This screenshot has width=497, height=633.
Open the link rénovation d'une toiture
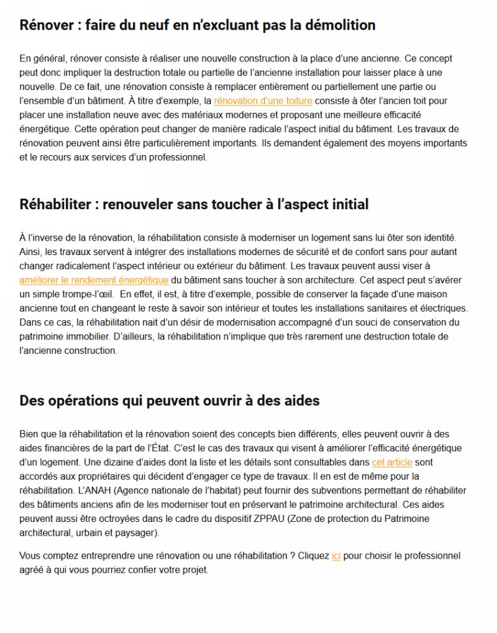(x=263, y=101)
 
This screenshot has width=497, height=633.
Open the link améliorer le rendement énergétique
(x=94, y=280)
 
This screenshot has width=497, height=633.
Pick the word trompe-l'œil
(x=84, y=294)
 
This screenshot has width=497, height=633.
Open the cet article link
(x=391, y=462)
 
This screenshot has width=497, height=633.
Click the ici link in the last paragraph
(x=336, y=556)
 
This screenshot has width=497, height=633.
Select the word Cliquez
(x=314, y=556)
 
